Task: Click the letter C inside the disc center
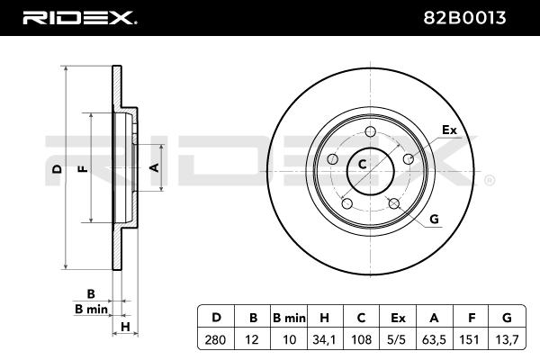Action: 363,164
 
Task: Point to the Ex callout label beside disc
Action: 448,130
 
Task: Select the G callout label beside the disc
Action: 434,220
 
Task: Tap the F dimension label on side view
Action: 83,167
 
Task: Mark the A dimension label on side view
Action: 153,167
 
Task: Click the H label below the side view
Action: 126,325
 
